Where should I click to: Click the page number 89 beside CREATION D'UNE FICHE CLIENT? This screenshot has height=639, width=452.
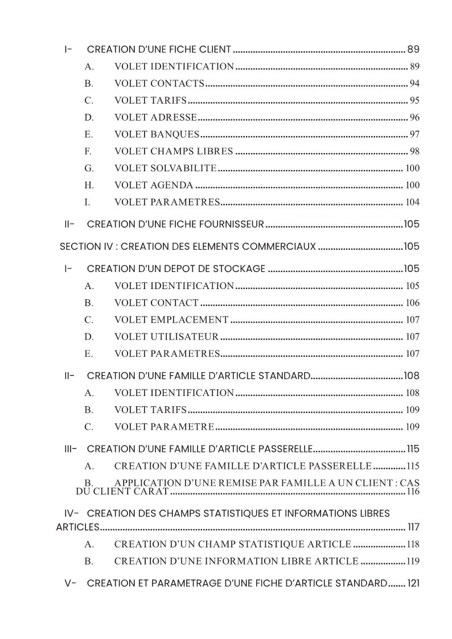pos(414,49)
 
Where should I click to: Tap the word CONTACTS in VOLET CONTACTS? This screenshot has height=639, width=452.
pos(177,84)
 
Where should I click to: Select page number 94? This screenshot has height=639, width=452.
pos(414,84)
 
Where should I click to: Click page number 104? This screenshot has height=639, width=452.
pos(412,202)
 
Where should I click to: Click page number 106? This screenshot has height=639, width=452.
pos(412,303)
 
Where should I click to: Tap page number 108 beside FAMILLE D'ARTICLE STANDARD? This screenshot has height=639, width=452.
pos(412,376)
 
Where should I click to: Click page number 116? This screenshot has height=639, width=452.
pos(413,491)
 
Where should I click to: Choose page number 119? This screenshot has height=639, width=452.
pos(413,561)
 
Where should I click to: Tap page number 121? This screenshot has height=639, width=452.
pos(414,583)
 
